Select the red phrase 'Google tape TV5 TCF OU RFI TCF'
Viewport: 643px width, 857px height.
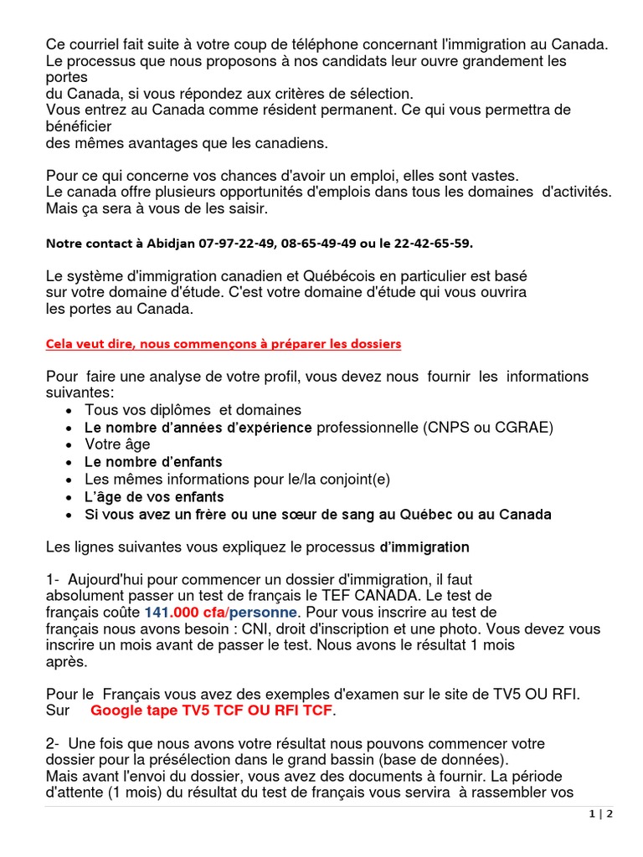point(211,711)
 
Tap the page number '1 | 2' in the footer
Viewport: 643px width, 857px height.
point(601,814)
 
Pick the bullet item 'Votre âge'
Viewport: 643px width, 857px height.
point(117,444)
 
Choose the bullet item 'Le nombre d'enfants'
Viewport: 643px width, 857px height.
point(153,462)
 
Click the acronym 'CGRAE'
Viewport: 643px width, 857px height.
point(526,428)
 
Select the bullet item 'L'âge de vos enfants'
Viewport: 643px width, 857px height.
point(154,496)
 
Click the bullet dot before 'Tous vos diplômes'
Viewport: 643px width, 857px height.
point(68,411)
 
